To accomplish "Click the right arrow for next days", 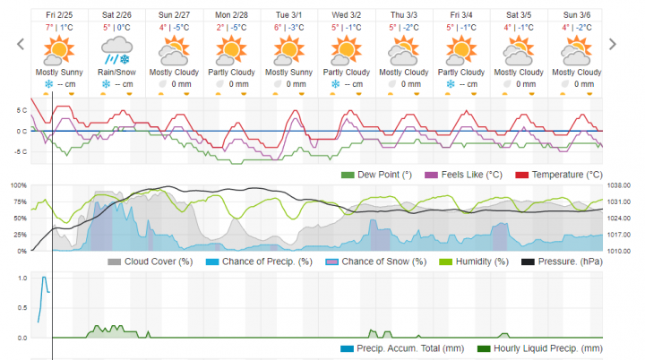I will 614,44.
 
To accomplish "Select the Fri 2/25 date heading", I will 60,15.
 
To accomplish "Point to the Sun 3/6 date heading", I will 583,15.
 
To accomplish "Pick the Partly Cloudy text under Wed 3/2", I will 346,73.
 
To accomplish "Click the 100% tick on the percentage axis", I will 18,185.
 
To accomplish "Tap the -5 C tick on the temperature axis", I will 21,151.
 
